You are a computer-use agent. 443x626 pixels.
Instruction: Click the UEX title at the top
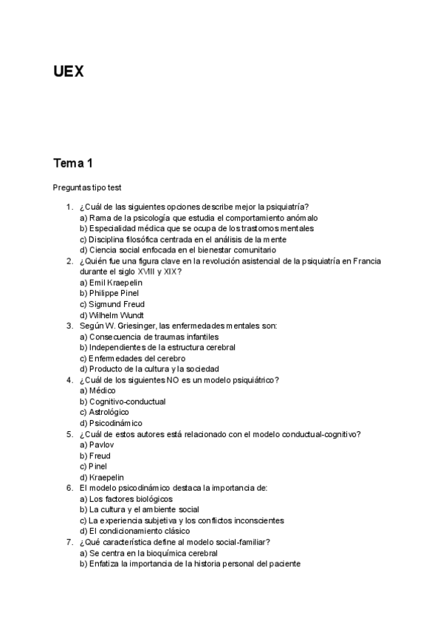click(x=69, y=72)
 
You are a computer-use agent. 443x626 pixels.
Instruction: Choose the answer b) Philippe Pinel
click(x=109, y=293)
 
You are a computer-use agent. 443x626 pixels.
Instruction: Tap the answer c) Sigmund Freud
click(x=111, y=304)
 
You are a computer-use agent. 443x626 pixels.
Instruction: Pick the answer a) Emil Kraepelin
click(x=111, y=283)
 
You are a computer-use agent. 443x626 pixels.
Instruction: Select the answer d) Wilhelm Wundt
click(x=111, y=315)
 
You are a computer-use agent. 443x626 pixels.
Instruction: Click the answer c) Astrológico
click(x=104, y=412)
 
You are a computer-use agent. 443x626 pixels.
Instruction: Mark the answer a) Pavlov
click(x=96, y=445)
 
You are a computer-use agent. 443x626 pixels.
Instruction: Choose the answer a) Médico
click(x=97, y=391)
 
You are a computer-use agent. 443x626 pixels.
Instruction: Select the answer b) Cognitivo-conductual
click(x=123, y=402)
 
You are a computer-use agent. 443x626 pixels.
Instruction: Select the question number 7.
click(x=69, y=542)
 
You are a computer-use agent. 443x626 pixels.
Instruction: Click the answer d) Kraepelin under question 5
click(x=102, y=477)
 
